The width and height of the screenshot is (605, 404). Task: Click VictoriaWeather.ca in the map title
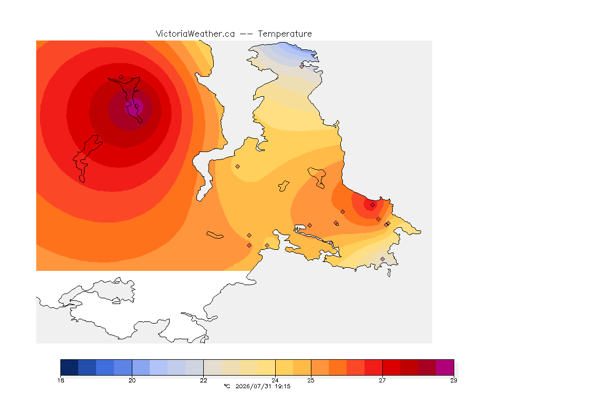195,34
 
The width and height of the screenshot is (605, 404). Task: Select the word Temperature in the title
285,34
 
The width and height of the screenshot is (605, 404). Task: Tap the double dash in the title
246,34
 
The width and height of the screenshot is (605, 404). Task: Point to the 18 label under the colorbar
60,380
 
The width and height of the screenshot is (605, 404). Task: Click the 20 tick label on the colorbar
132,380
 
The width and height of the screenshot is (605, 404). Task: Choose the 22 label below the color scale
203,380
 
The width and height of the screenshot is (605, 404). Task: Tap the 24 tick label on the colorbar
275,380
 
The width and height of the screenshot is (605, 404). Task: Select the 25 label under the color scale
310,380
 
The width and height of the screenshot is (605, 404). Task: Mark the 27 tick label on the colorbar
382,380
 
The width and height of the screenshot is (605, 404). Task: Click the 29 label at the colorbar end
454,380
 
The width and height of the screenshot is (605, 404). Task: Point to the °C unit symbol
227,386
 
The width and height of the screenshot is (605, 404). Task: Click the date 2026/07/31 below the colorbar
254,386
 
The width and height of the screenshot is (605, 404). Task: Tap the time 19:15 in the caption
283,386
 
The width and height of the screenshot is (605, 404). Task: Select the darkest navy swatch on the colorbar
69,367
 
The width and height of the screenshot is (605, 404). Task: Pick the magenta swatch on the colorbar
445,367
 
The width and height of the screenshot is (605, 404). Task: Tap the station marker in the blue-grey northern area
302,66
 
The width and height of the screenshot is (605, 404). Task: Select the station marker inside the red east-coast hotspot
372,205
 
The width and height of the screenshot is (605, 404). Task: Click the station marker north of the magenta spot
121,77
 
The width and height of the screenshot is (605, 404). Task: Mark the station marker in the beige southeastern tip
382,259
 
